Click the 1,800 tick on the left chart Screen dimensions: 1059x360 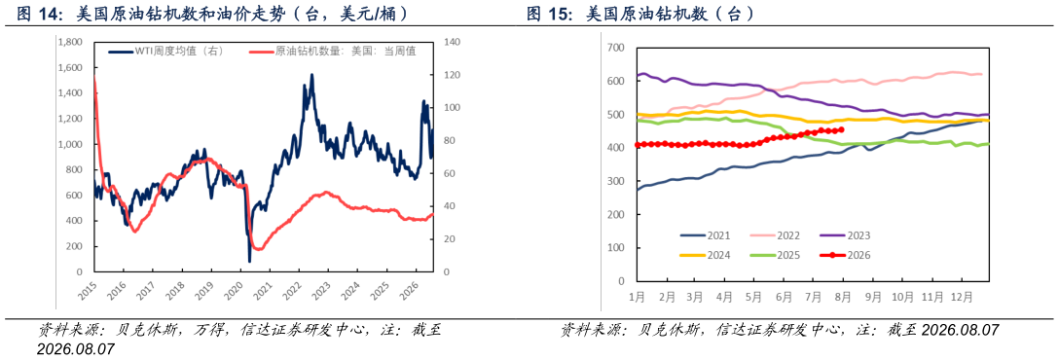[x=69, y=43]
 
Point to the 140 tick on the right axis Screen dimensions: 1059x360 [x=451, y=43]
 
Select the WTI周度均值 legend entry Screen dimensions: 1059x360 [x=164, y=52]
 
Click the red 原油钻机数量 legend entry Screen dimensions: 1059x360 [x=333, y=52]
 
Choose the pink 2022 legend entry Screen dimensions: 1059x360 [x=773, y=235]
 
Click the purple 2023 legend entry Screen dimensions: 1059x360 [x=844, y=235]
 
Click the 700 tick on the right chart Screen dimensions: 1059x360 [x=616, y=48]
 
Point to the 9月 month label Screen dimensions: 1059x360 [x=872, y=296]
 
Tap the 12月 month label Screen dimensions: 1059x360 [x=963, y=296]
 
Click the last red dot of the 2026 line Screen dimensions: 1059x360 [x=842, y=129]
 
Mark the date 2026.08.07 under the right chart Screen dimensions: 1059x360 [x=960, y=330]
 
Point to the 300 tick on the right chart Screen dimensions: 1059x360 [x=616, y=181]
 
